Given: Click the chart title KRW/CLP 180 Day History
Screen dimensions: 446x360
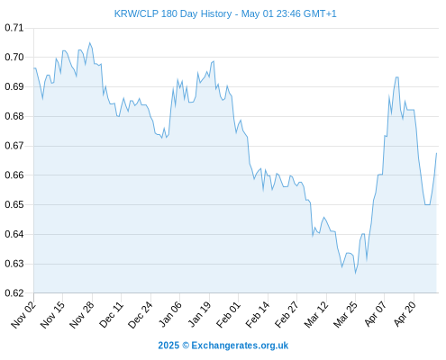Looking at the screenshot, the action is point(173,13).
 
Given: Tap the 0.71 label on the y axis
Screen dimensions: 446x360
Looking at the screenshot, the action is point(14,28).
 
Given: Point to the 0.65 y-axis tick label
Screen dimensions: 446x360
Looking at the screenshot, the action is point(14,204).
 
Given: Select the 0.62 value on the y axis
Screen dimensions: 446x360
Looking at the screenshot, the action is point(14,293).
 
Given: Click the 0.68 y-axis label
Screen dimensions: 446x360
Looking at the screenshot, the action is point(14,116).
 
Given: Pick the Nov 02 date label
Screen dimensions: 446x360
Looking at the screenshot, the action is point(23,315).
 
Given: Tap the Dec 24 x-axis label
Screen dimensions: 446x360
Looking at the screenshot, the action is point(141,315).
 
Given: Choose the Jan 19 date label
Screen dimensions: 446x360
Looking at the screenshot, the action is point(199,315).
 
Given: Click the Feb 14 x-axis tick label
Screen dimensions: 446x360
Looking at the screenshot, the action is point(258,315).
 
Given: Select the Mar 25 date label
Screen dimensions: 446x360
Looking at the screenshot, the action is point(346,315).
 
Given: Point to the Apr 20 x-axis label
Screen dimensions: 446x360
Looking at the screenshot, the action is point(405,314).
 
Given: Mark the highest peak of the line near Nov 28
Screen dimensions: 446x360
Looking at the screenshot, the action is point(89,43).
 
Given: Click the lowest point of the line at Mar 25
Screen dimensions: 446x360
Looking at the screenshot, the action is point(355,274).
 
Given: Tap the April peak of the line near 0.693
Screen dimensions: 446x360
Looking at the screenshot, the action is point(397,77).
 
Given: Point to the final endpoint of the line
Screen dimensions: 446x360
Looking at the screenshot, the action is point(436,153).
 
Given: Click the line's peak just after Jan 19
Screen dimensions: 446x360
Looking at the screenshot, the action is point(214,61).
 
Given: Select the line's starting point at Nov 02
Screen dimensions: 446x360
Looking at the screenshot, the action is point(34,68).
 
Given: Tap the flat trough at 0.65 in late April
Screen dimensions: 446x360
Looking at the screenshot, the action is point(427,204).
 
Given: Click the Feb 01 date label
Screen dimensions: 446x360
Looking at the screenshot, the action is point(228,315).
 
